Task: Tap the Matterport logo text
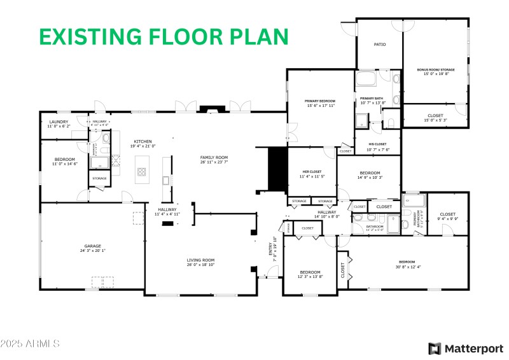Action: pyautogui.click(x=473, y=348)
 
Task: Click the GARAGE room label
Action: pyautogui.click(x=93, y=246)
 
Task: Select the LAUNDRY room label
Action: pyautogui.click(x=59, y=122)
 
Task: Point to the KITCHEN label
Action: pyautogui.click(x=143, y=141)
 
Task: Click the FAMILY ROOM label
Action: pyautogui.click(x=213, y=158)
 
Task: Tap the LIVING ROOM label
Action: pyautogui.click(x=200, y=260)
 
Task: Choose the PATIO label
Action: pyautogui.click(x=380, y=45)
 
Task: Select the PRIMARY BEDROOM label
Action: pyautogui.click(x=320, y=101)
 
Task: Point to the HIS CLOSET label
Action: pyautogui.click(x=378, y=144)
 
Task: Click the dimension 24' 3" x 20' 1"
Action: pyautogui.click(x=93, y=251)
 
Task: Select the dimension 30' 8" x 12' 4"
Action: pyautogui.click(x=407, y=267)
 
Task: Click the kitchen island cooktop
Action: pyautogui.click(x=141, y=171)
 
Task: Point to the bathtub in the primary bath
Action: pyautogui.click(x=366, y=80)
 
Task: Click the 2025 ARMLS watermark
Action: pyautogui.click(x=30, y=343)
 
